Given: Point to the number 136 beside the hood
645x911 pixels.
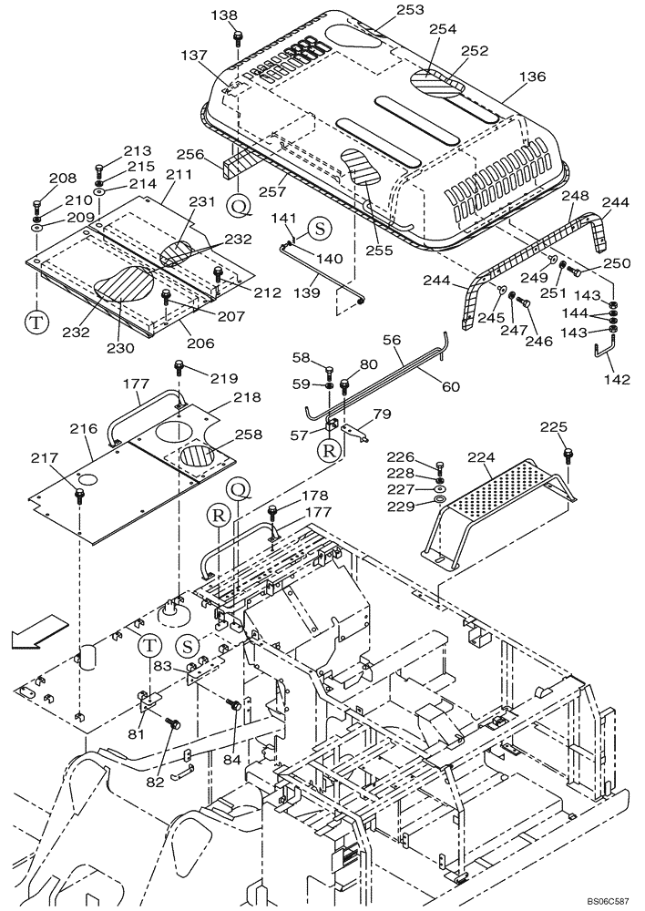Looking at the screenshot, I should pos(533,77).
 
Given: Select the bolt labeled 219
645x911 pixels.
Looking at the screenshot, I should pos(179,368).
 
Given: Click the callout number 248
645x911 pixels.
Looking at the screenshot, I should pos(576,196).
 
